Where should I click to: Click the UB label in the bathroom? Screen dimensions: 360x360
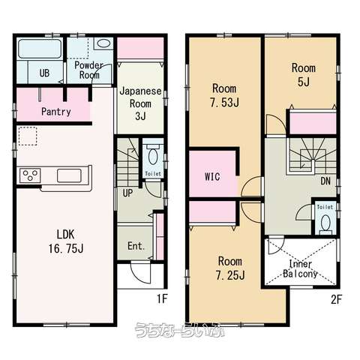(x=44, y=73)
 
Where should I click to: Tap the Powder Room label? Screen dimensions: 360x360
(x=89, y=70)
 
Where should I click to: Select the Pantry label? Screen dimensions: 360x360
(x=56, y=112)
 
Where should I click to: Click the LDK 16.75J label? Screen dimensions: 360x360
(x=66, y=241)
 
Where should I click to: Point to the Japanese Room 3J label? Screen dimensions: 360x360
(x=140, y=103)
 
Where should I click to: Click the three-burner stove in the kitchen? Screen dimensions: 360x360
(x=30, y=175)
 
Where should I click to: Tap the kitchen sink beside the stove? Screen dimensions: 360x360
(x=69, y=175)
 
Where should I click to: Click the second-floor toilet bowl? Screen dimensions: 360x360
(x=325, y=223)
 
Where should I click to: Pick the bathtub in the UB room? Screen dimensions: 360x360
(x=40, y=49)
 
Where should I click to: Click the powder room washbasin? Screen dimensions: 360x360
(x=103, y=43)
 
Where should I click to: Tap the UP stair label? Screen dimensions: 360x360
(x=127, y=193)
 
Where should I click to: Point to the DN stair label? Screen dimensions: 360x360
(x=325, y=181)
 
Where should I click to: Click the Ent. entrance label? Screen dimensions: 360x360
(x=136, y=246)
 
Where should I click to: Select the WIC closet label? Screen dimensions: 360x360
(x=212, y=177)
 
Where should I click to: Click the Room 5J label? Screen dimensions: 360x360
(x=304, y=75)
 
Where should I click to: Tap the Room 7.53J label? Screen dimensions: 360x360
(x=224, y=95)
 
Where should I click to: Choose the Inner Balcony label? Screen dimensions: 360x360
(x=300, y=269)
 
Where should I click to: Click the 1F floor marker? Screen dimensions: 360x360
(x=162, y=298)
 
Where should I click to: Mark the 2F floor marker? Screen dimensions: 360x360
(x=336, y=299)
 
